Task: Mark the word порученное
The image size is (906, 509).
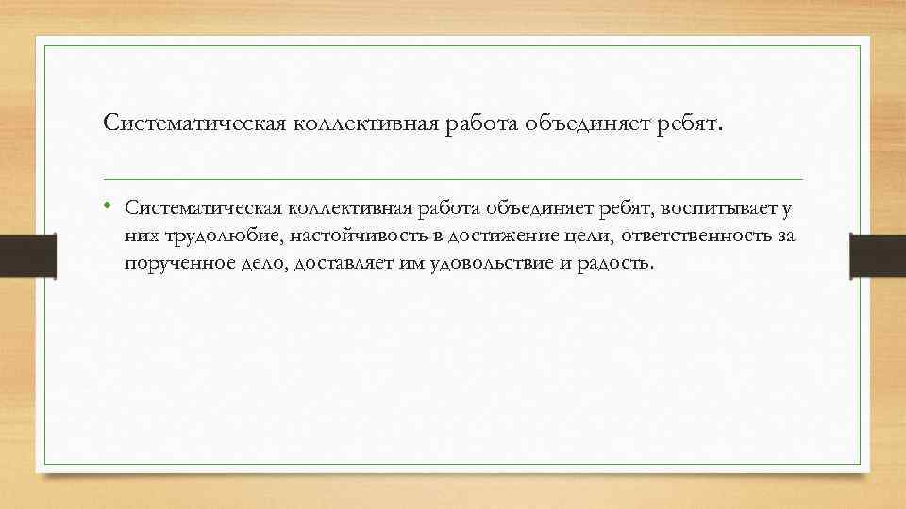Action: click(x=171, y=263)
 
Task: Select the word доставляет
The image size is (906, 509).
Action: click(x=339, y=263)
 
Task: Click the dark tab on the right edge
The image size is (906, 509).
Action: click(x=878, y=254)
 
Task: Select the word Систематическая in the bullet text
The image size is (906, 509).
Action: click(x=200, y=207)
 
